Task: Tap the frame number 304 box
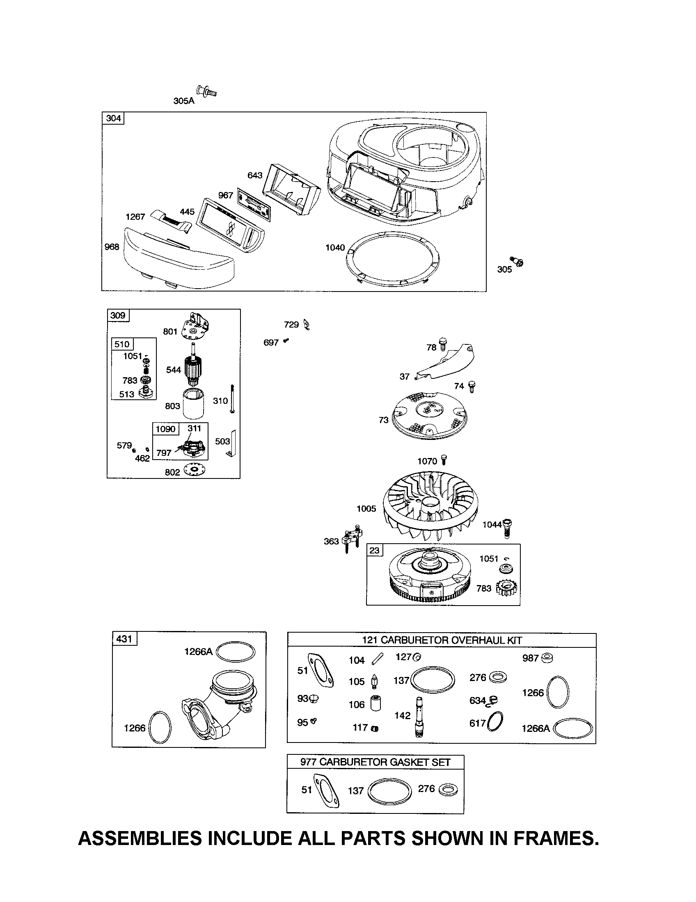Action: (113, 118)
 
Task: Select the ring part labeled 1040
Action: (392, 256)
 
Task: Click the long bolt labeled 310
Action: (234, 398)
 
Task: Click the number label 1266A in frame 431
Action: (198, 652)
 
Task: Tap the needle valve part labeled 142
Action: (419, 717)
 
